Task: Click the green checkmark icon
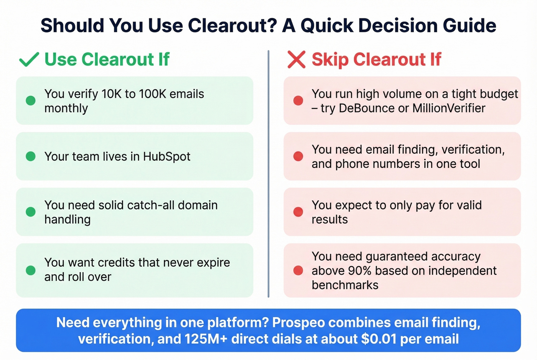pos(29,59)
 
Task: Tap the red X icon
pos(296,60)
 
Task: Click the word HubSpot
pos(166,156)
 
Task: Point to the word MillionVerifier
pos(449,108)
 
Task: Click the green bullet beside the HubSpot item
pos(31,156)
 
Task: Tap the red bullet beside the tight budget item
pos(298,100)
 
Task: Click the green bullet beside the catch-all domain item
pos(31,212)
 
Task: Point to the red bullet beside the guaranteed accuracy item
pos(298,271)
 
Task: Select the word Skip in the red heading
pos(330,59)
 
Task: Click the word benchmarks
pos(345,285)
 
